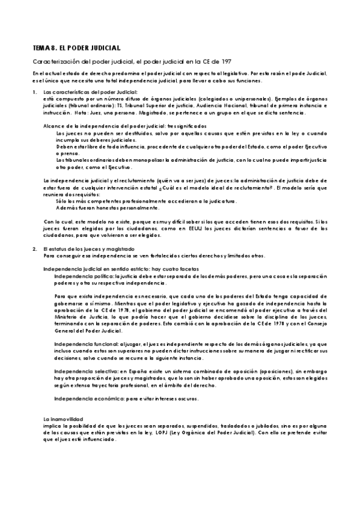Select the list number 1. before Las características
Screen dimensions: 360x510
pos(35,91)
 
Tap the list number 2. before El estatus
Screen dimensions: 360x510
pos(35,248)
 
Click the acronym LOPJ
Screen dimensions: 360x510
pos(180,431)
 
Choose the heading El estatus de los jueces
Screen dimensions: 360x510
pos(81,248)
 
